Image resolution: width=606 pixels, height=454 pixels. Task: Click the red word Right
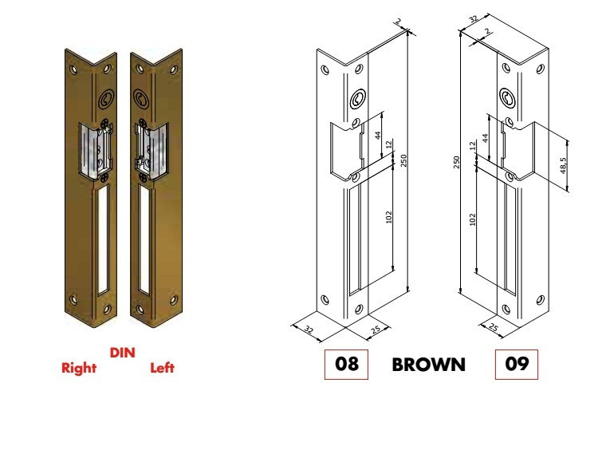79,368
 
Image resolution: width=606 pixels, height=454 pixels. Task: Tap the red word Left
162,368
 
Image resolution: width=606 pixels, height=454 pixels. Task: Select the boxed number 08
346,365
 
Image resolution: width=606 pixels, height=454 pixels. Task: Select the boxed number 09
517,365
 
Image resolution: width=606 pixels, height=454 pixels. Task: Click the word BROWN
428,365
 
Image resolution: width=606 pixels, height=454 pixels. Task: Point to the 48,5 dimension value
563,165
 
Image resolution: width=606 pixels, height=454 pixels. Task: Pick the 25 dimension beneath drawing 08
376,330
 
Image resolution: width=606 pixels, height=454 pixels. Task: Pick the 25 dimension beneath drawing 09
493,328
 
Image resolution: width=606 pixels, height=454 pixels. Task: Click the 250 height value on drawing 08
404,160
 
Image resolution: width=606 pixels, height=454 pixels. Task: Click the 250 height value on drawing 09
456,161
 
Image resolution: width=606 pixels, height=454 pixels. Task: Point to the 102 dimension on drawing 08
388,216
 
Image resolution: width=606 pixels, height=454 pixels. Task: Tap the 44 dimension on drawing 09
485,138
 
